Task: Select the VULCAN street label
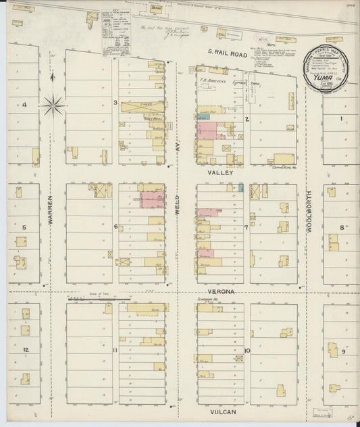(220, 409)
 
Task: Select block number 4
(24, 105)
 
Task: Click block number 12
(24, 349)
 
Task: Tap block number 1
(342, 119)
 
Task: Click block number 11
(115, 350)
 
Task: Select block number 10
(247, 350)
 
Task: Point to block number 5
(24, 227)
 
